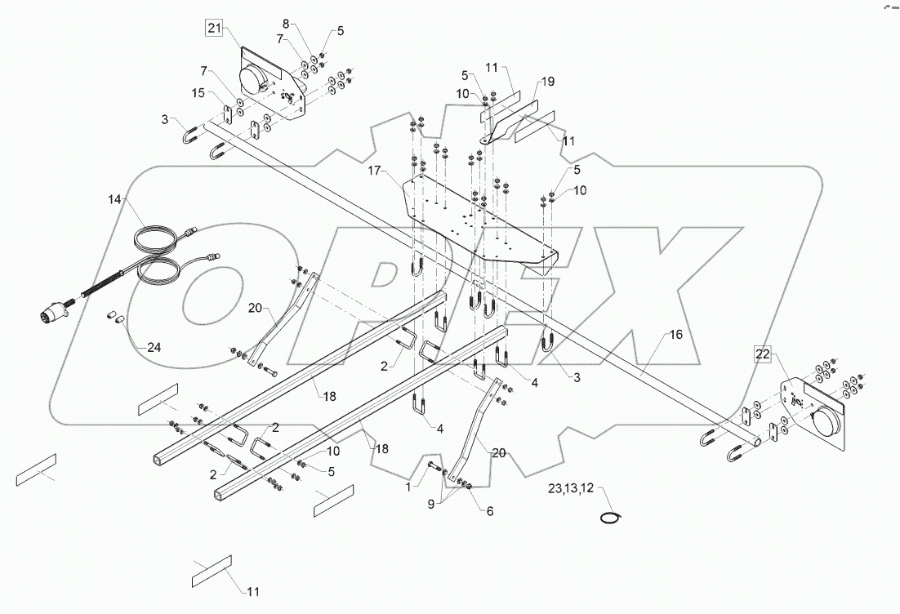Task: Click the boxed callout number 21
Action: click(213, 29)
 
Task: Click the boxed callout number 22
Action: click(761, 354)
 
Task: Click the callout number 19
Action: click(547, 82)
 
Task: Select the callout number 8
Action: click(286, 23)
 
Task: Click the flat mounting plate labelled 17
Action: click(478, 225)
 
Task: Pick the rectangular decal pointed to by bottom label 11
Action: click(212, 570)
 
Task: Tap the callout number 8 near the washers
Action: click(286, 23)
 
